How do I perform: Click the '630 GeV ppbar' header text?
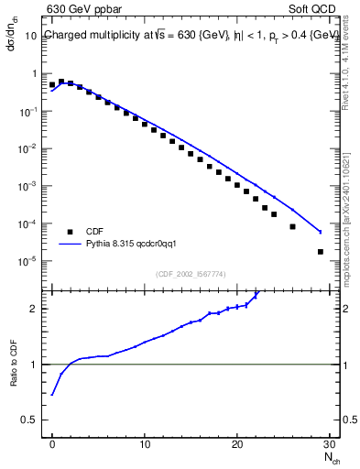[x=83, y=10]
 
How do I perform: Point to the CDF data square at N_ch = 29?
[x=320, y=252]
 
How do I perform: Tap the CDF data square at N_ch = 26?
[x=292, y=226]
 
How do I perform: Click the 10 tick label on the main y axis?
[x=30, y=36]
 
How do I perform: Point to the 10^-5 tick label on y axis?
[x=27, y=261]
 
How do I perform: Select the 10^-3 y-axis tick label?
[x=27, y=186]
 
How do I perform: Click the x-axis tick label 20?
[x=237, y=444]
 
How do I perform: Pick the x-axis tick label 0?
[x=52, y=444]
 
